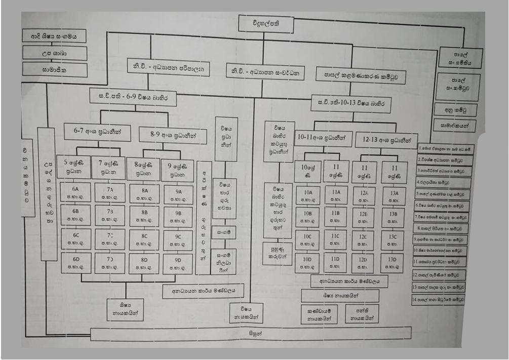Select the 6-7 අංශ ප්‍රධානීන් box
(97, 132)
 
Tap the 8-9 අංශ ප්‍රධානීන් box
(172, 135)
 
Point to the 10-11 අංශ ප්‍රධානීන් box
(323, 138)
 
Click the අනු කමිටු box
(455, 109)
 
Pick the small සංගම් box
(223, 232)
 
